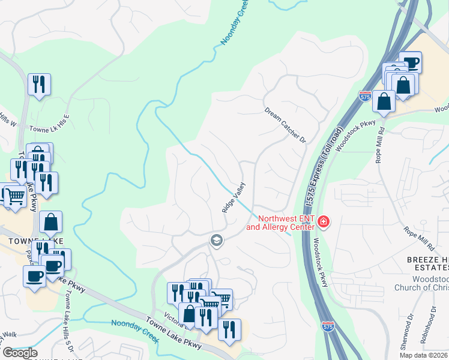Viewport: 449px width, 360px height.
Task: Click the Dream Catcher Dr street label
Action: pyautogui.click(x=286, y=125)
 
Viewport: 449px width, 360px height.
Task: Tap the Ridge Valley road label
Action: pyautogui.click(x=234, y=197)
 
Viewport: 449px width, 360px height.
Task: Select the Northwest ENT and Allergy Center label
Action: pyautogui.click(x=280, y=223)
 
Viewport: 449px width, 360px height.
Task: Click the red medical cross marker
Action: pyautogui.click(x=324, y=223)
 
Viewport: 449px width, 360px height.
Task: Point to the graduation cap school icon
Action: pyautogui.click(x=216, y=241)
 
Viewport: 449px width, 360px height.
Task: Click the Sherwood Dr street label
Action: pyautogui.click(x=411, y=325)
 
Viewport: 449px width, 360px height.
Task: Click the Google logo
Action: pyautogui.click(x=19, y=353)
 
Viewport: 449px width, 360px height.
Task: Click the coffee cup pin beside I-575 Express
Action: pyautogui.click(x=410, y=62)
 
